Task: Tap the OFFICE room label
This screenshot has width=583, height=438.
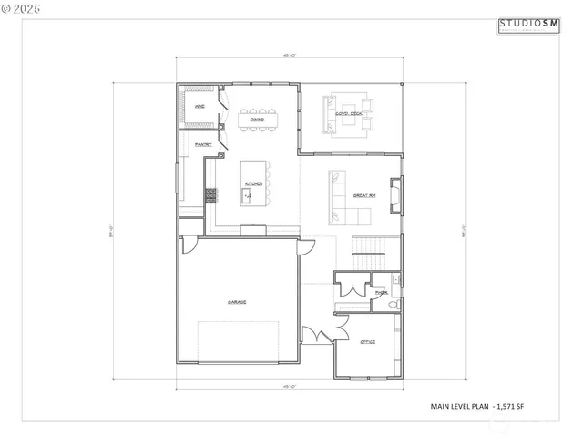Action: pos(367,341)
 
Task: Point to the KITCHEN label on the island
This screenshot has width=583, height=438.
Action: pos(253,184)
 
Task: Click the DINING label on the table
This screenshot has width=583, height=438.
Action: pos(258,119)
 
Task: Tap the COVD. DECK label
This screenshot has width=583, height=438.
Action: pos(350,114)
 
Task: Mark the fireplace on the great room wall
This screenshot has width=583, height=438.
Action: pos(395,194)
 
